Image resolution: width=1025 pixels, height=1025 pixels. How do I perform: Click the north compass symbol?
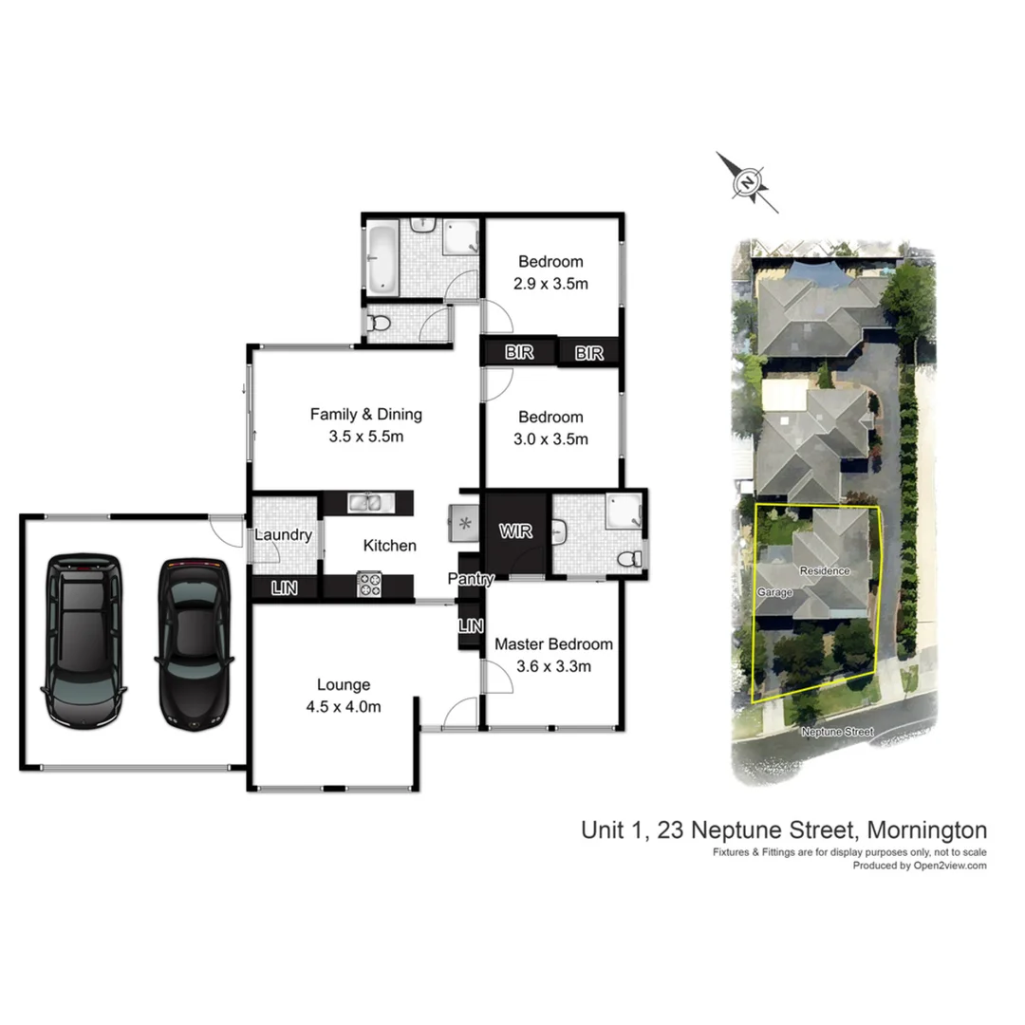(x=748, y=181)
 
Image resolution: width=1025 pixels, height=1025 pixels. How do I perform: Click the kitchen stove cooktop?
(x=369, y=583)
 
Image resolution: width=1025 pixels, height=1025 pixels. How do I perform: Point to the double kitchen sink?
(x=365, y=502)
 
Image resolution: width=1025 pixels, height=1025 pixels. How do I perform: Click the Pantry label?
(x=472, y=578)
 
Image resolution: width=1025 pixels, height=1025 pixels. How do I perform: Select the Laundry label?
(x=283, y=535)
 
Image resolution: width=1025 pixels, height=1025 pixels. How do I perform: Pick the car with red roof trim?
(x=194, y=641)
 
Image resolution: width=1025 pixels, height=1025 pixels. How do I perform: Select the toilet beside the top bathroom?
(x=380, y=324)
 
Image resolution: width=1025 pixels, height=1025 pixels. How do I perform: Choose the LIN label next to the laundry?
(x=284, y=588)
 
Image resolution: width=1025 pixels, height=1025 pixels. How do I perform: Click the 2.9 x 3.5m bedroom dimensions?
(x=550, y=283)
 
